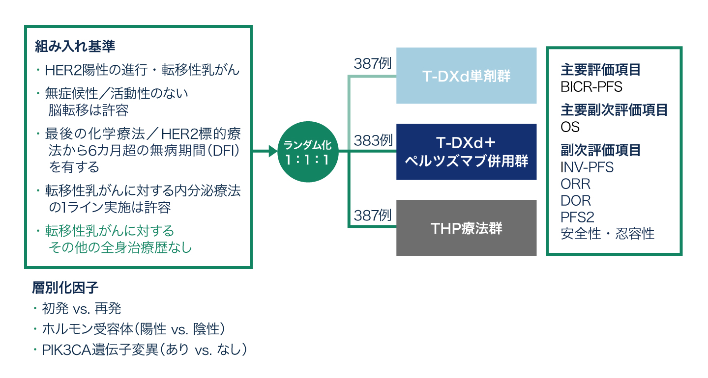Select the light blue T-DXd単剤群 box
[x=466, y=76]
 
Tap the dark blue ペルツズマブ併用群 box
[x=466, y=152]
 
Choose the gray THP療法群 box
[x=466, y=228]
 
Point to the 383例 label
[x=373, y=140]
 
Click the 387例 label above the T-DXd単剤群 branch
[x=373, y=64]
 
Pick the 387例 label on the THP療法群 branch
[x=373, y=215]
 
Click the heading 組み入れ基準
[x=75, y=47]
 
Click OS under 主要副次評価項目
[x=570, y=127]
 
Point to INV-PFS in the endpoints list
[x=587, y=167]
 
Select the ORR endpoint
[x=575, y=184]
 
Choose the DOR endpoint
[x=576, y=200]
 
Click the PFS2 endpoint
[x=577, y=217]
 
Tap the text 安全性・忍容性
[x=608, y=234]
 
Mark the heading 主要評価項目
[x=601, y=70]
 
